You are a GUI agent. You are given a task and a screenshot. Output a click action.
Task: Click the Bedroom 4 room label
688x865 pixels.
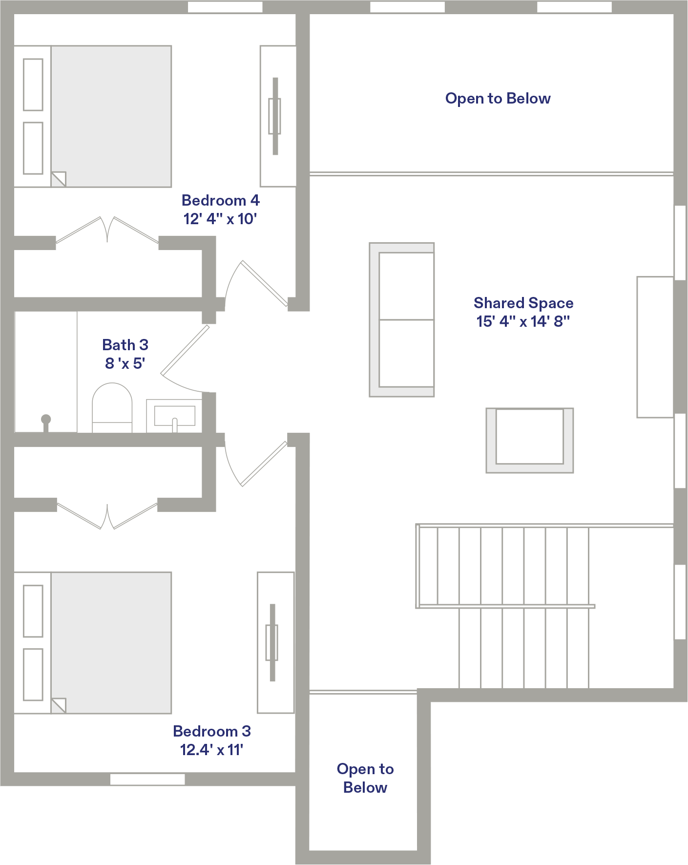(x=220, y=200)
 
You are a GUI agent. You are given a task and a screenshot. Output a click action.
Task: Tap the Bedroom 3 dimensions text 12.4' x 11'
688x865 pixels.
(x=211, y=750)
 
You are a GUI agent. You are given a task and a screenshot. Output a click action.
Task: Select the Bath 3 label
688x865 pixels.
(x=125, y=345)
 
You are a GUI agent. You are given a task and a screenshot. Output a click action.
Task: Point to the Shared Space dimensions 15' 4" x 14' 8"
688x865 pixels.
(x=523, y=321)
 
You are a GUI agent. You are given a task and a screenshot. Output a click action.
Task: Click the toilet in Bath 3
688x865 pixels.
(x=112, y=408)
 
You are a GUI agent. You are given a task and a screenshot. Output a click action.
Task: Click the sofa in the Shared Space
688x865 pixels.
(x=402, y=320)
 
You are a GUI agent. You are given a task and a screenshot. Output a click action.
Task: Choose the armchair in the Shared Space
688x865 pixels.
(x=530, y=441)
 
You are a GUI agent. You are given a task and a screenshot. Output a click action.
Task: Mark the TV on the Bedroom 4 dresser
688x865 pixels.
(x=275, y=116)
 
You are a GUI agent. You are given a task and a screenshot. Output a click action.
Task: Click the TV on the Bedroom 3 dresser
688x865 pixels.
(x=272, y=643)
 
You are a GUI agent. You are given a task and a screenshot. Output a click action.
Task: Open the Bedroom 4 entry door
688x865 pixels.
(x=256, y=283)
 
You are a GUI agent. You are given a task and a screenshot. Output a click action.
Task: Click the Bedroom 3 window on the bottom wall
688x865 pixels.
(x=147, y=780)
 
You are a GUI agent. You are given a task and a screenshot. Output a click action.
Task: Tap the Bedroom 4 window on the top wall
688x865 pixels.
(x=225, y=7)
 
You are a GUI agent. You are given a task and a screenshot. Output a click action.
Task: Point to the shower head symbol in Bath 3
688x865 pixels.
(x=46, y=422)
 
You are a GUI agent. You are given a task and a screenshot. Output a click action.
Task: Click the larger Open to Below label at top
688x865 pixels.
(x=498, y=99)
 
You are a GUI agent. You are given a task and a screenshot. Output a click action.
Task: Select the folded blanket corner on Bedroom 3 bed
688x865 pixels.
(x=59, y=706)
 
